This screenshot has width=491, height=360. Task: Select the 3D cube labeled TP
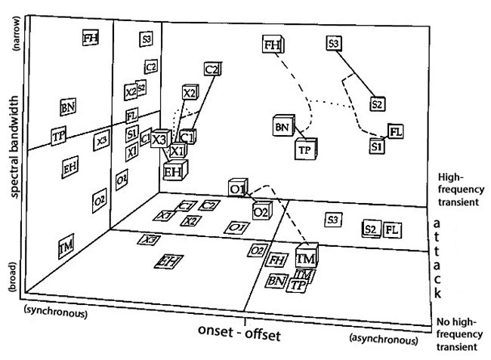(x=304, y=149)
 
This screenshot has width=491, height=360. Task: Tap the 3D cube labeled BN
(x=283, y=126)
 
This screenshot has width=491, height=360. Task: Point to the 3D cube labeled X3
(x=159, y=140)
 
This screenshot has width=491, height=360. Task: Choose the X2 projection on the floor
(x=192, y=220)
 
